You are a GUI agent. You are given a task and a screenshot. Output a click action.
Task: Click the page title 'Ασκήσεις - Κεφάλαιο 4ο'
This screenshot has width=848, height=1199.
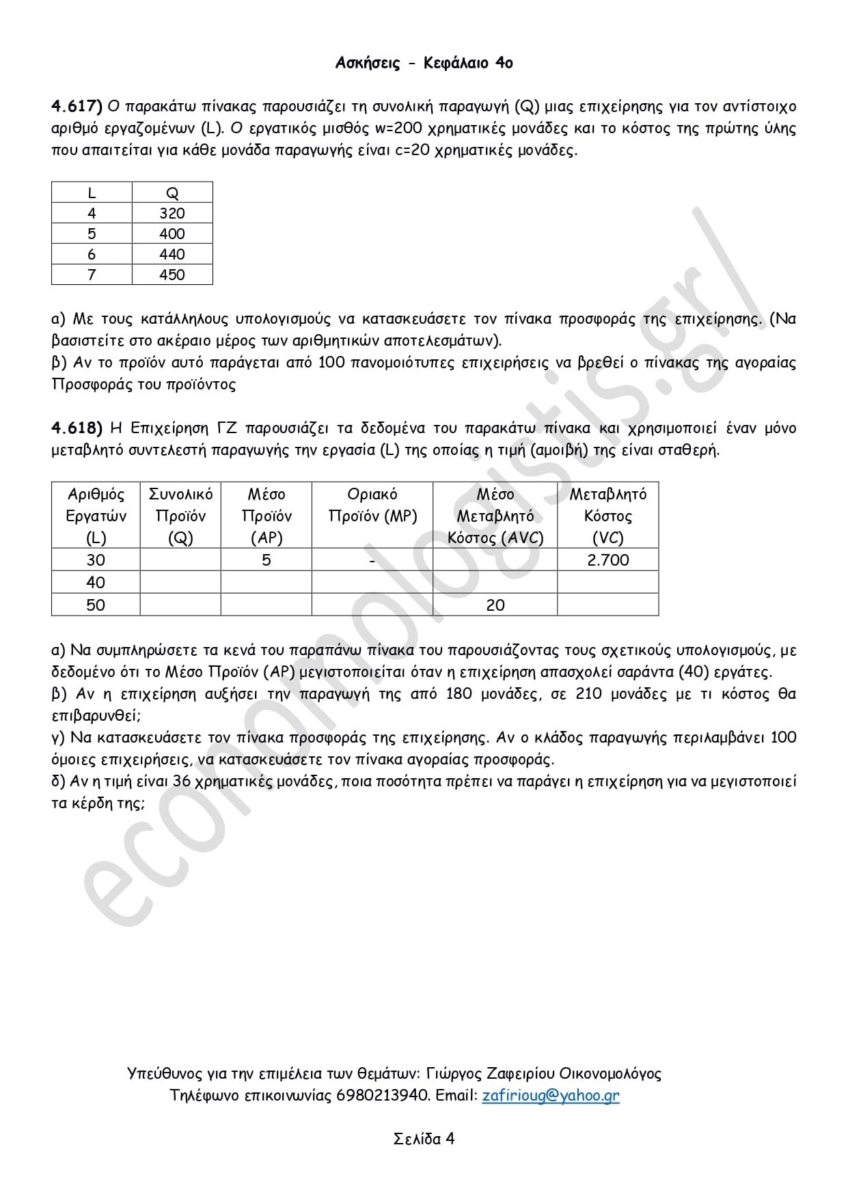tap(424, 64)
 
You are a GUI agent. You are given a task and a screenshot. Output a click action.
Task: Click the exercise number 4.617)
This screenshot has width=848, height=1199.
tap(77, 107)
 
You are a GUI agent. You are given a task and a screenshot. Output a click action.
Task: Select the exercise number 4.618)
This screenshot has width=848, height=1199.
tap(77, 428)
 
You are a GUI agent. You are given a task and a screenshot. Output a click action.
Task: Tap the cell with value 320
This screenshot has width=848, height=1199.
tap(172, 214)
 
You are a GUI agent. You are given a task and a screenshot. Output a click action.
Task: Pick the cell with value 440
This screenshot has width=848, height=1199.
tap(172, 255)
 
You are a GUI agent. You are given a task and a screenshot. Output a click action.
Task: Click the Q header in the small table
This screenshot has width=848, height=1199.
tap(172, 193)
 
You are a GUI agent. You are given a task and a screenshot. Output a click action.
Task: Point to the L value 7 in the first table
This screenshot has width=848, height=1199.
tap(92, 275)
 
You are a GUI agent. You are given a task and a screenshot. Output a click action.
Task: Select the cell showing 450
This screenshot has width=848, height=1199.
tap(172, 275)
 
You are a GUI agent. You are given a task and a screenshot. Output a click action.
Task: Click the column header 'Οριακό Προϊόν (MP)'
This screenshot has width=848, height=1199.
tap(372, 506)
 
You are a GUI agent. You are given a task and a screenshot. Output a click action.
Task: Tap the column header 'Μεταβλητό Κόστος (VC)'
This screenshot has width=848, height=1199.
tap(608, 516)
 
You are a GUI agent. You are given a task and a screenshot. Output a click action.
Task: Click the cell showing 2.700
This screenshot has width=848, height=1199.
tap(608, 560)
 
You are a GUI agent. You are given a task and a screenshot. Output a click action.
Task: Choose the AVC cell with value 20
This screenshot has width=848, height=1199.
tap(495, 605)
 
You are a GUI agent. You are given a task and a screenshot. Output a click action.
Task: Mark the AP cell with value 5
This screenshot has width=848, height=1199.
tap(266, 560)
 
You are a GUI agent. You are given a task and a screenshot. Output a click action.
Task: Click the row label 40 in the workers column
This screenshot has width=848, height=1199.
tap(96, 583)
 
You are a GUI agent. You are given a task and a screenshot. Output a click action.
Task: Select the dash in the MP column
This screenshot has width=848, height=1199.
tap(372, 561)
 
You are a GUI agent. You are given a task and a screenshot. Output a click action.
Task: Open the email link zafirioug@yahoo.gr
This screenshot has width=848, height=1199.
tap(551, 1095)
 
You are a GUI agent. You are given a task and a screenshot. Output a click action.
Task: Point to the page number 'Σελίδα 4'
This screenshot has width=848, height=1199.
tap(424, 1138)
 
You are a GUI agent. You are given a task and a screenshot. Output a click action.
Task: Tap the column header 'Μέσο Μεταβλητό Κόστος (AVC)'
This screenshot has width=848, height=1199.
tap(495, 516)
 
